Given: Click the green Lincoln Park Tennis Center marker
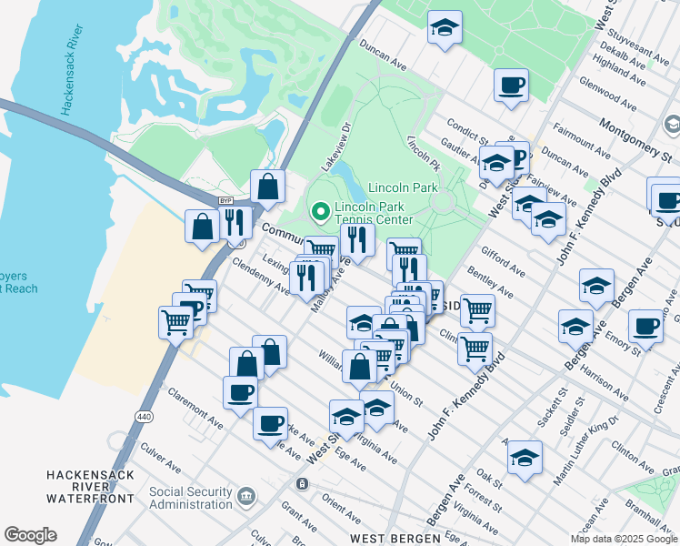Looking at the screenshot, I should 320,212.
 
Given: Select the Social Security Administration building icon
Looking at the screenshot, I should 245,497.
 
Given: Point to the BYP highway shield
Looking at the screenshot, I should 226,200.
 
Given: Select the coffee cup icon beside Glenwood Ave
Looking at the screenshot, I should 511,86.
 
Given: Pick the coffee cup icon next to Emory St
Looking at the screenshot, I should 645,326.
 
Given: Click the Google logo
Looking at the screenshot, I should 30,535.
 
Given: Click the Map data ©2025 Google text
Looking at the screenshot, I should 624,539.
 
